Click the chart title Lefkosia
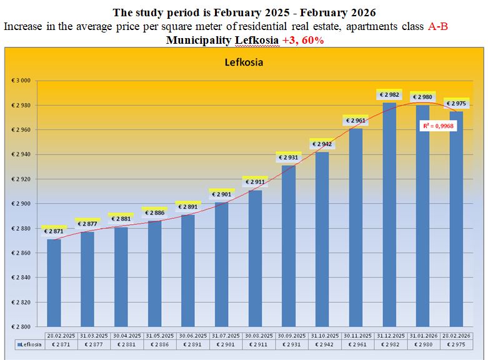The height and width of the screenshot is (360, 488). (x=244, y=62)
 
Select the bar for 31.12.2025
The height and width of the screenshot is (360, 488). (x=389, y=212)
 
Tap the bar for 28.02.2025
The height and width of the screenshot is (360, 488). (x=54, y=281)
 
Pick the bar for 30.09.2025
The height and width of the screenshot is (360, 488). (x=288, y=244)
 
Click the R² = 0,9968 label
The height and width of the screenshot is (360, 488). (x=437, y=126)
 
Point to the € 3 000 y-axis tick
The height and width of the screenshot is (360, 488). (x=22, y=81)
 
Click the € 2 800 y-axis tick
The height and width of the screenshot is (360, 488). (x=22, y=326)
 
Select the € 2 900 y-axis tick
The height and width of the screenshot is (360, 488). (x=22, y=204)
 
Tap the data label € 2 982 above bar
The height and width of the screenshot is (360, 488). (x=389, y=95)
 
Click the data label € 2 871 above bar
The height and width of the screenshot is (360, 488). (x=54, y=231)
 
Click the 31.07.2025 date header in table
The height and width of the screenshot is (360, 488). (x=222, y=336)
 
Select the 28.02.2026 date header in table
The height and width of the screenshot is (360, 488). (x=456, y=336)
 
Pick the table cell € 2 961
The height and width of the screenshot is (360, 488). (x=356, y=344)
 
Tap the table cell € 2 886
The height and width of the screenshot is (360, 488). (x=155, y=344)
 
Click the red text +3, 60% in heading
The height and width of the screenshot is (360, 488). (x=302, y=40)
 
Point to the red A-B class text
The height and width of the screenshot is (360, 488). (x=438, y=27)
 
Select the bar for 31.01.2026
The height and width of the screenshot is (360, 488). (x=422, y=212)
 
